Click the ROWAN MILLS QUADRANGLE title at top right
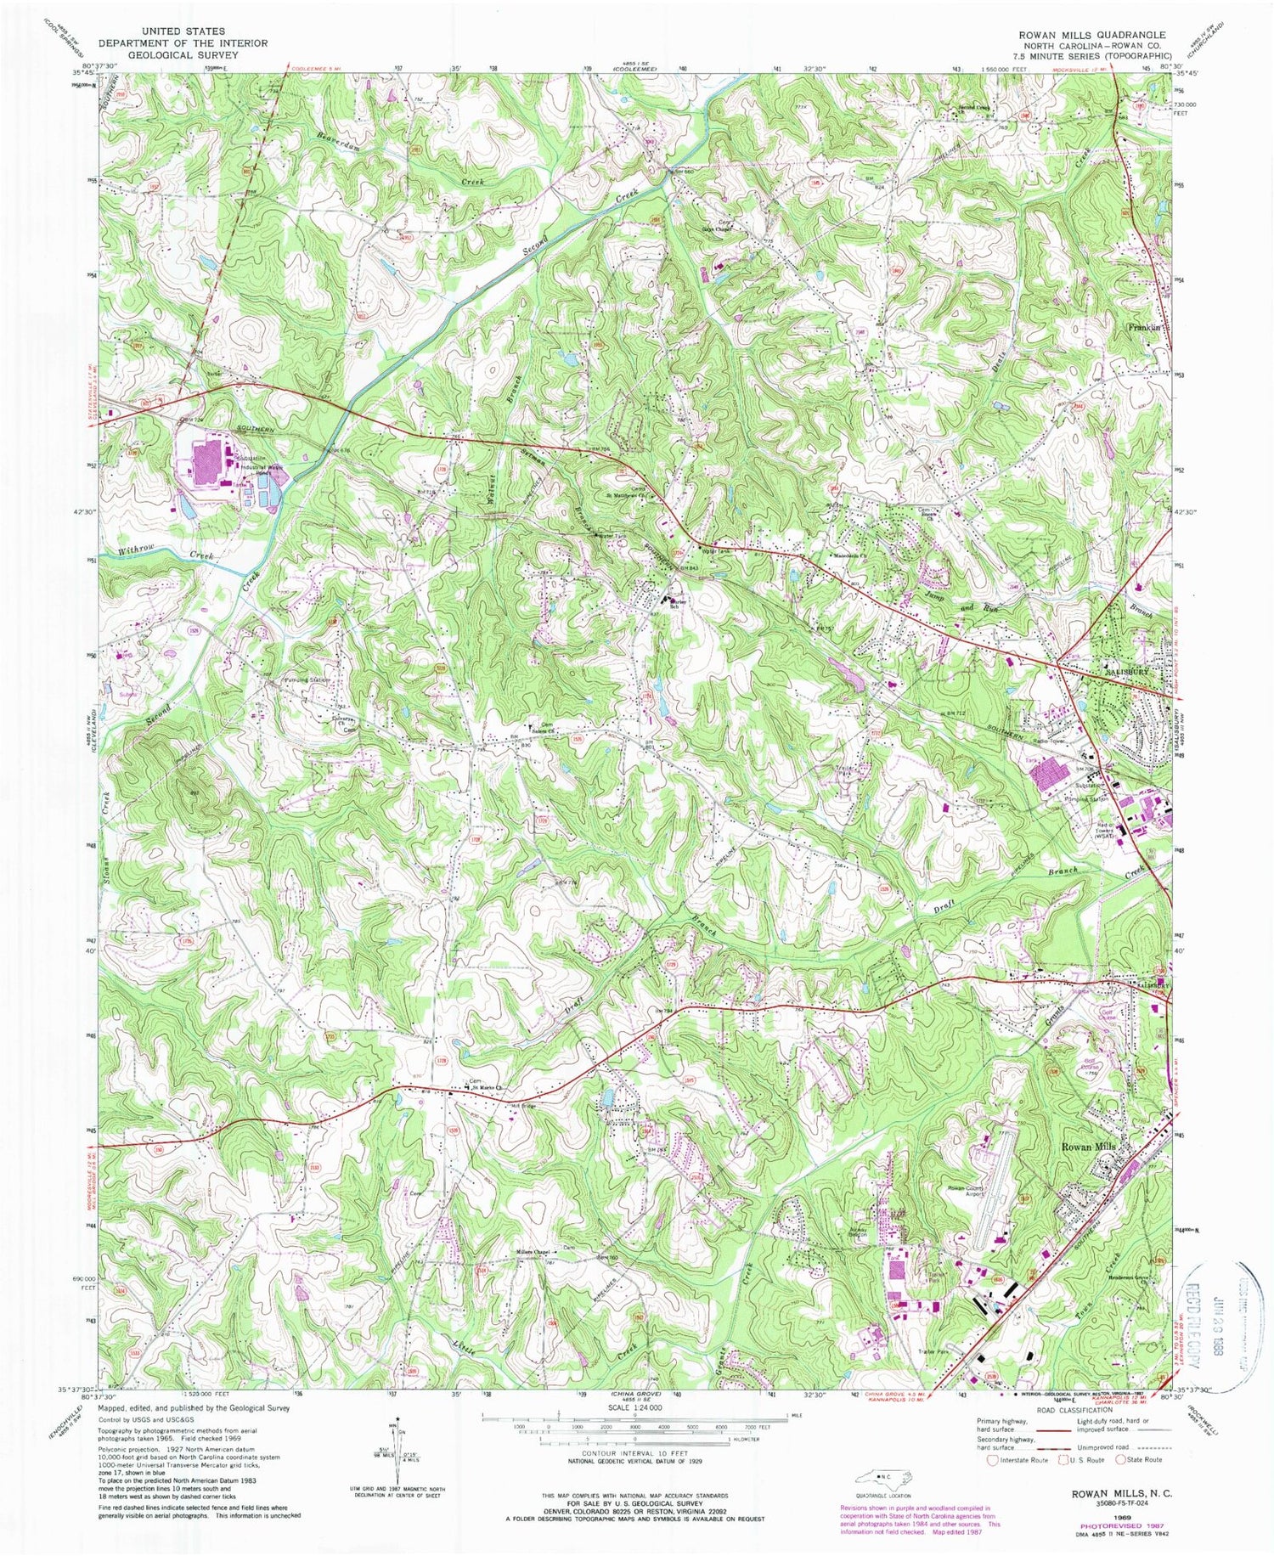click(x=1092, y=35)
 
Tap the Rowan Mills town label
click(x=1088, y=1147)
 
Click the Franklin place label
click(x=1143, y=327)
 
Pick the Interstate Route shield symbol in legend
click(x=992, y=1460)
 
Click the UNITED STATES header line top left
click(x=183, y=31)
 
